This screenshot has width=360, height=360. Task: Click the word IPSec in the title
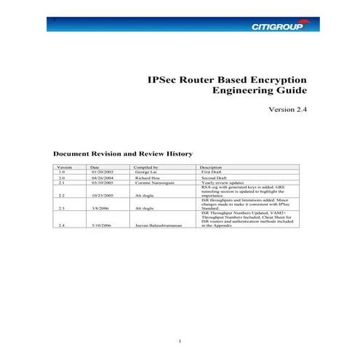(x=164, y=79)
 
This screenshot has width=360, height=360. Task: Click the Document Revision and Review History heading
(x=123, y=154)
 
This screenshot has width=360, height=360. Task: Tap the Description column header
(x=210, y=167)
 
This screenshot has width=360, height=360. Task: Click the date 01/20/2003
(x=100, y=172)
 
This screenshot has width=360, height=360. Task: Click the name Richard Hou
(x=148, y=178)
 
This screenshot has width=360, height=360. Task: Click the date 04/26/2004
(x=100, y=178)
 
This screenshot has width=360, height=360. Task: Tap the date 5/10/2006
(x=100, y=226)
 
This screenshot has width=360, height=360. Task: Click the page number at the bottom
(x=179, y=341)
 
